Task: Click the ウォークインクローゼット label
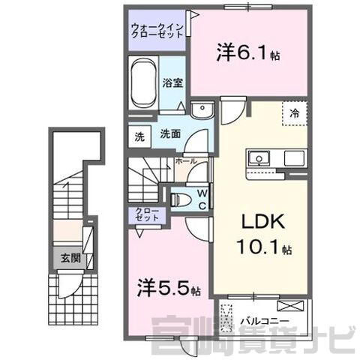coord(157,31)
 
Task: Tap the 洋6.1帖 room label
coord(248,52)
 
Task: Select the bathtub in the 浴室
coord(143,83)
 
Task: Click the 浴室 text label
coord(172,83)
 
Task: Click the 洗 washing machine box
coord(139,136)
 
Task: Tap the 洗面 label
coord(170,134)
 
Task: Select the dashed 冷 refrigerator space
coord(295,113)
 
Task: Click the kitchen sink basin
coord(259,158)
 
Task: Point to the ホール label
coord(186,161)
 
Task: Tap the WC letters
coord(202,199)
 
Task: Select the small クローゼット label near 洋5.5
coord(147,214)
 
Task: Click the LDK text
coord(263,221)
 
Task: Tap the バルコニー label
coord(265,321)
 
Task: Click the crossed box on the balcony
coord(290,306)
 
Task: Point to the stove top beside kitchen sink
coord(294,158)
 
